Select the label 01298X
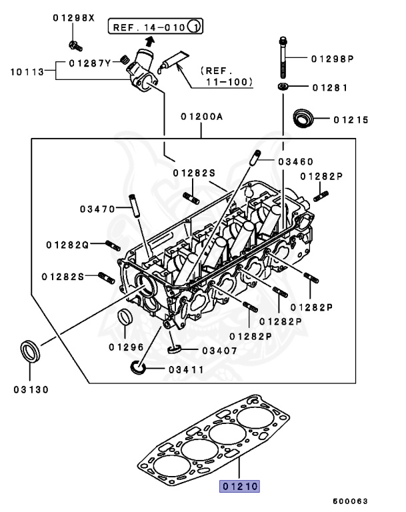click(74, 18)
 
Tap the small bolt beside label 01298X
click(75, 45)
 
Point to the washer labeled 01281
click(283, 87)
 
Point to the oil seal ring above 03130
click(29, 349)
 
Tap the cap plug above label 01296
click(125, 316)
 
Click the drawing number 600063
click(351, 501)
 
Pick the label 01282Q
click(67, 245)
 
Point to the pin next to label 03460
click(255, 159)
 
